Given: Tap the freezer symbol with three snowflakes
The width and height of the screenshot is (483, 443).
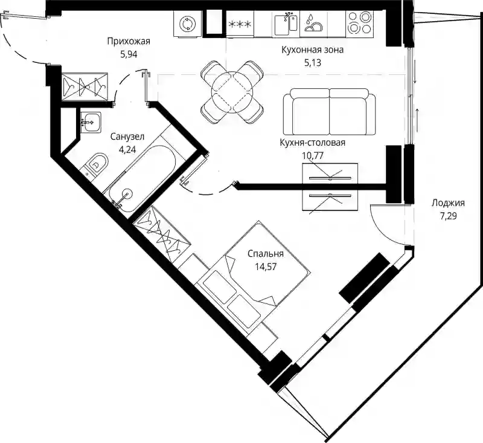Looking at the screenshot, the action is pos(240,24).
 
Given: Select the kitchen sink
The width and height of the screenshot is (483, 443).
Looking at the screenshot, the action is pos(286,23).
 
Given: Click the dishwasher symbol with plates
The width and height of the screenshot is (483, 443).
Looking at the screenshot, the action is pos(313,24).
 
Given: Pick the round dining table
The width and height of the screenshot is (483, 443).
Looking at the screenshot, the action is pos(232,92).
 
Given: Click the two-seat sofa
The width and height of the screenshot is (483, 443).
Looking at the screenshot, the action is pos(330,112).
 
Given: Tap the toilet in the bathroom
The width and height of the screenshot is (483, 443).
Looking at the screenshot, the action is pos(97,165).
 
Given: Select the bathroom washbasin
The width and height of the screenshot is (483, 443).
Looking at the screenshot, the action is pos(91,122).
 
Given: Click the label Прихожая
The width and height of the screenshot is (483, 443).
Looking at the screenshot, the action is pos(129,41).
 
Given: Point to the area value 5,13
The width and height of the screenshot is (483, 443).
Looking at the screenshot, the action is pos(313,63).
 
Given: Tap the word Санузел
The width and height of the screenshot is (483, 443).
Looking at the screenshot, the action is pos(127,136).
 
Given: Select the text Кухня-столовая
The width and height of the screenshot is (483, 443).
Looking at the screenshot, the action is pos(312,143).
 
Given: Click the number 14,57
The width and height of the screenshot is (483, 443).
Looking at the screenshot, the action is pos(266,267).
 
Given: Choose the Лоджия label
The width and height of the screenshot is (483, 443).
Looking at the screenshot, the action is pos(448,203).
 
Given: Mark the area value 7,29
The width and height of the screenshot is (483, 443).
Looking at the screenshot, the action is pos(448,216).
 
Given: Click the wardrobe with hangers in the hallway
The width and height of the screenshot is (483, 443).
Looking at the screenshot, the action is pos(85,86).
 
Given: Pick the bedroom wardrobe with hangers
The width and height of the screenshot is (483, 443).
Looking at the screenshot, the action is pos(162,234).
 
